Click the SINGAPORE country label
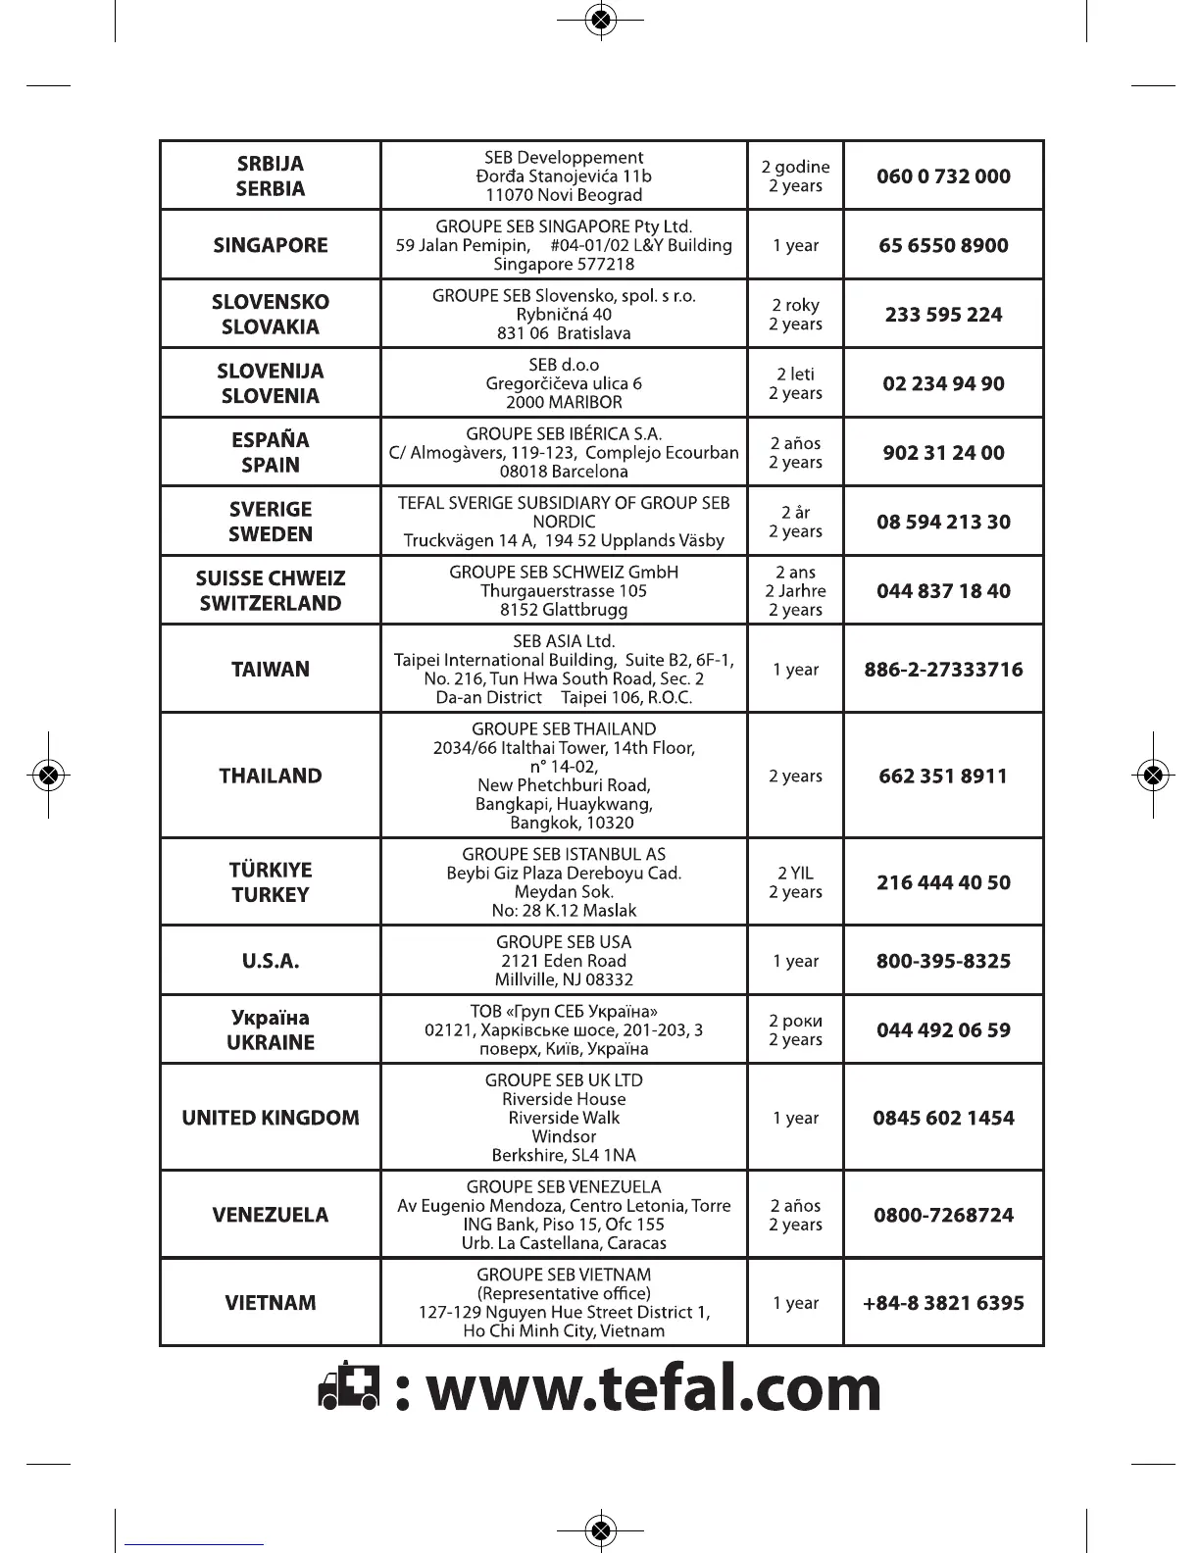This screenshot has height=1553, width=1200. [x=271, y=245]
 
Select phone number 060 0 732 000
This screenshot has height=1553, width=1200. [x=943, y=176]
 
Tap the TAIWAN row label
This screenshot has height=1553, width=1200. [x=271, y=670]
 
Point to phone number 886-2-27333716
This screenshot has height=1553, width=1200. [x=943, y=670]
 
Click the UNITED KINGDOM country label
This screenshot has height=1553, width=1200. [x=271, y=1118]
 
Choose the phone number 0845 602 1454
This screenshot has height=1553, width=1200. [x=943, y=1118]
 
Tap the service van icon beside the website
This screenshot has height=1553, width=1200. [x=348, y=1390]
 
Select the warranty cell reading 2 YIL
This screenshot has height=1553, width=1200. [x=795, y=873]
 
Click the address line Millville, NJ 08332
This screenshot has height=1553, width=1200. [x=564, y=979]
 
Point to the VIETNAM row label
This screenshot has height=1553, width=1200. [x=271, y=1303]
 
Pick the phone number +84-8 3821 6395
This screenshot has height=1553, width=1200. [x=943, y=1303]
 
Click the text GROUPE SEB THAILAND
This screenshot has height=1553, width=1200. [x=564, y=729]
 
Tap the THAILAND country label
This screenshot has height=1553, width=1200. [x=271, y=776]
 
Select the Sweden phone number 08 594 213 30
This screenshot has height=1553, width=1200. [x=943, y=522]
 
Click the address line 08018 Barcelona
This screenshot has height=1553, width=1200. [x=564, y=472]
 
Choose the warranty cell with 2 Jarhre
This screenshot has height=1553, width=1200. [x=795, y=591]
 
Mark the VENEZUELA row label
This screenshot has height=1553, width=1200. [x=271, y=1215]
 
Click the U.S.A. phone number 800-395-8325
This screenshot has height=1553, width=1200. [x=943, y=961]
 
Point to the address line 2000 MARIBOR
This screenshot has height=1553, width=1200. [x=564, y=402]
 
